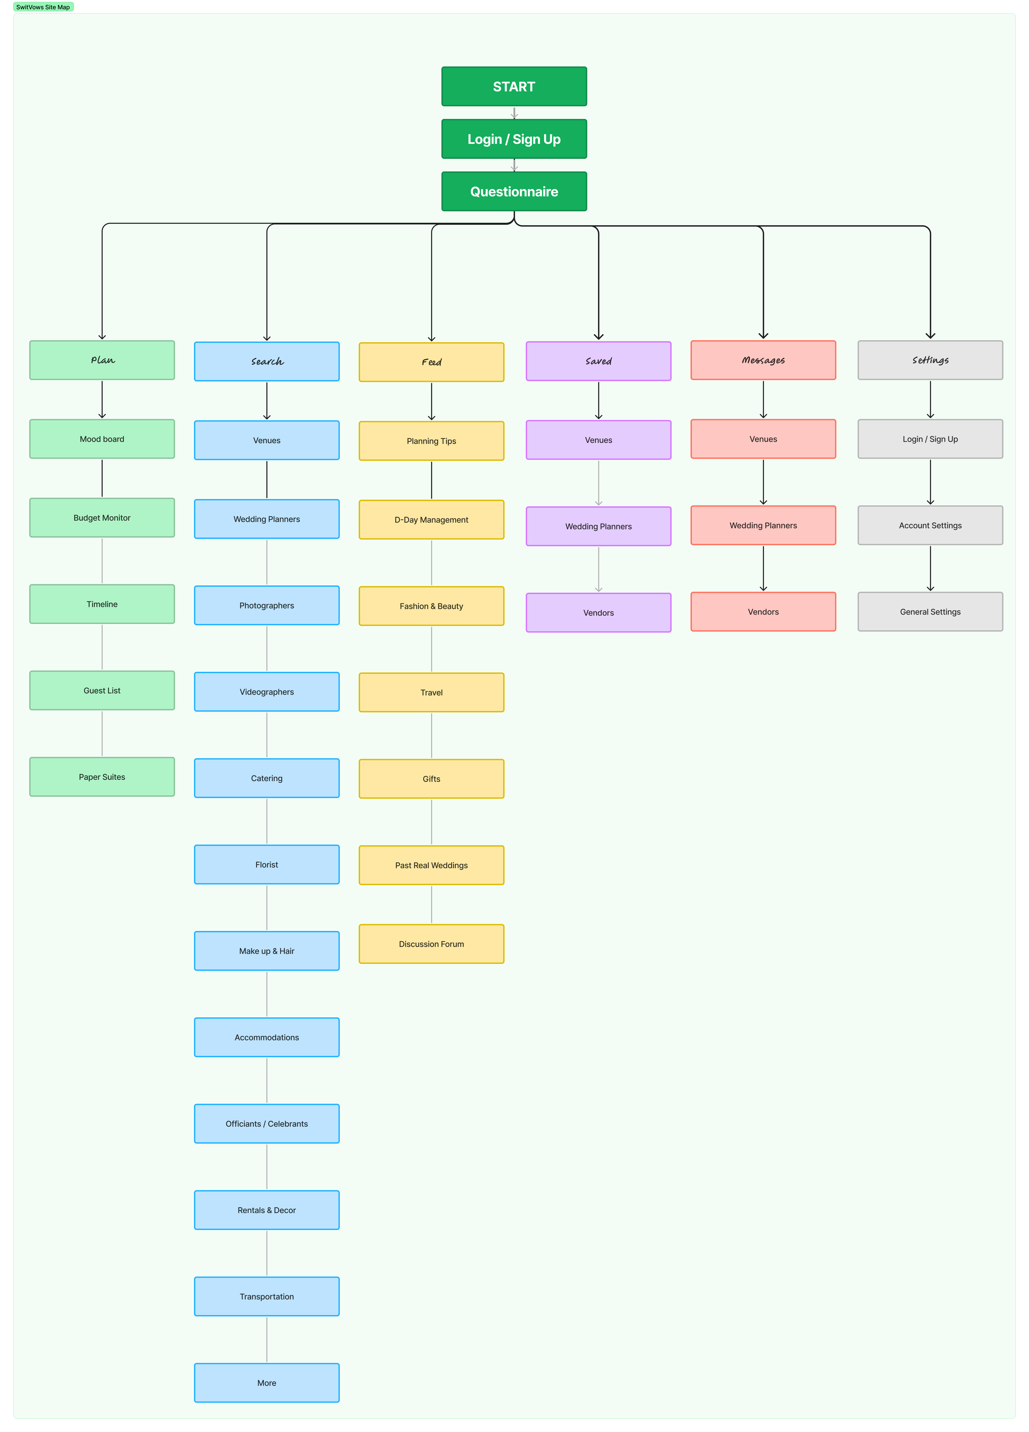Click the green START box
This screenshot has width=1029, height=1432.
coord(514,86)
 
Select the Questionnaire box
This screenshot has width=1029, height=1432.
coord(514,191)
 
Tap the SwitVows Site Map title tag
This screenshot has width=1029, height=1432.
coord(43,7)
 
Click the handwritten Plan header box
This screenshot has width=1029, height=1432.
coord(102,360)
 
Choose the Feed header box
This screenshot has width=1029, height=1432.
coord(431,362)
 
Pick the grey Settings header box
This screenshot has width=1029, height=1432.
coord(930,360)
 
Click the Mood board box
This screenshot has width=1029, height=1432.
coord(102,439)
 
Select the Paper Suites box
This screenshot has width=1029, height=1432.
coord(102,777)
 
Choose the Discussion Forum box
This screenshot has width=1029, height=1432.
coord(431,944)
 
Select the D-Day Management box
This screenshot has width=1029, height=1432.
coord(431,520)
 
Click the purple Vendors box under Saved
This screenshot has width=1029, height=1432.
coord(598,613)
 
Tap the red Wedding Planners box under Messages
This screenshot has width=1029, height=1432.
coord(763,525)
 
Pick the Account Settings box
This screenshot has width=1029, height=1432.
coord(930,525)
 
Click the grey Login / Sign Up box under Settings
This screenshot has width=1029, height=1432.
coord(930,439)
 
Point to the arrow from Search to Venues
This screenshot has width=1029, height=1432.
coord(267,401)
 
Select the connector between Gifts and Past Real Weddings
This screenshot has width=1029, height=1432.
coord(432,821)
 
